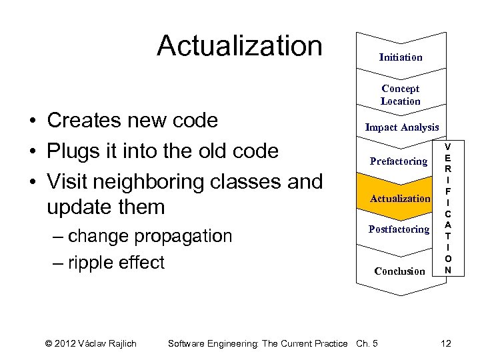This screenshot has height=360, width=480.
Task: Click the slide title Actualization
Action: [x=239, y=46]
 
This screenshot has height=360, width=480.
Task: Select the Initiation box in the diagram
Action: [x=400, y=57]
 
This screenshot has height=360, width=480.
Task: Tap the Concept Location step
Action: [x=400, y=95]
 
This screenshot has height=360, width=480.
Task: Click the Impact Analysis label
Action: [x=401, y=127]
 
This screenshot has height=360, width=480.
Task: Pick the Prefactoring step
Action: [x=398, y=161]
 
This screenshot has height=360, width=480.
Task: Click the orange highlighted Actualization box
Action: [x=399, y=198]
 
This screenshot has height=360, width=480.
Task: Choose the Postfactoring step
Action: [x=399, y=229]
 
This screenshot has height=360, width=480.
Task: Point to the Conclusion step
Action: [x=399, y=271]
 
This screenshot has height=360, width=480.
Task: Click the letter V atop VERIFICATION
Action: [x=447, y=145]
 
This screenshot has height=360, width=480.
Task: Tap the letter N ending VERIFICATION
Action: [x=447, y=270]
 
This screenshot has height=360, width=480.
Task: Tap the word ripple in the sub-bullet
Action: [x=95, y=263]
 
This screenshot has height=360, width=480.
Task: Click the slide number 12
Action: [x=445, y=343]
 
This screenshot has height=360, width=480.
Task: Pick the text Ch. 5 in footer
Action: [x=367, y=343]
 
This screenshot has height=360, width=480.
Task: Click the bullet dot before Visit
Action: [x=32, y=182]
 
